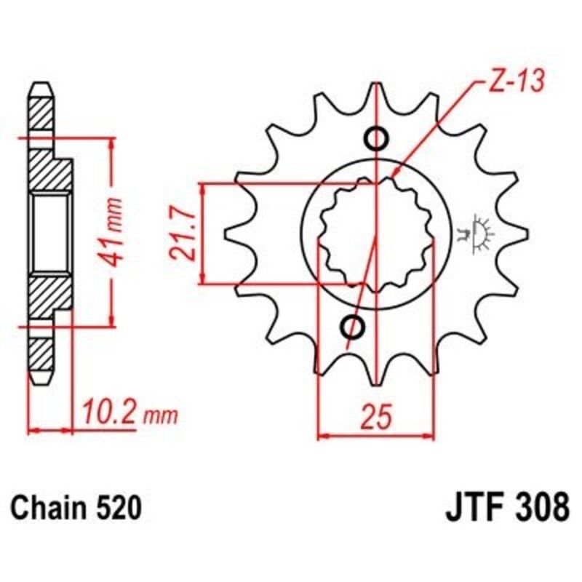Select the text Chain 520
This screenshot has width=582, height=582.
click(x=76, y=507)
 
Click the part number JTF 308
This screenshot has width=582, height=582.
click(x=506, y=506)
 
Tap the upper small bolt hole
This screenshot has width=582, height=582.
click(x=376, y=138)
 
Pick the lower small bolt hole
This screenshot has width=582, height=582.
click(x=356, y=327)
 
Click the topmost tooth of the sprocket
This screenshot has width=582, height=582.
click(x=376, y=95)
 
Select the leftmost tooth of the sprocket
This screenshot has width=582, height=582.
click(x=234, y=234)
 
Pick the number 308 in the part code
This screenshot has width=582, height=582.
click(x=542, y=506)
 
